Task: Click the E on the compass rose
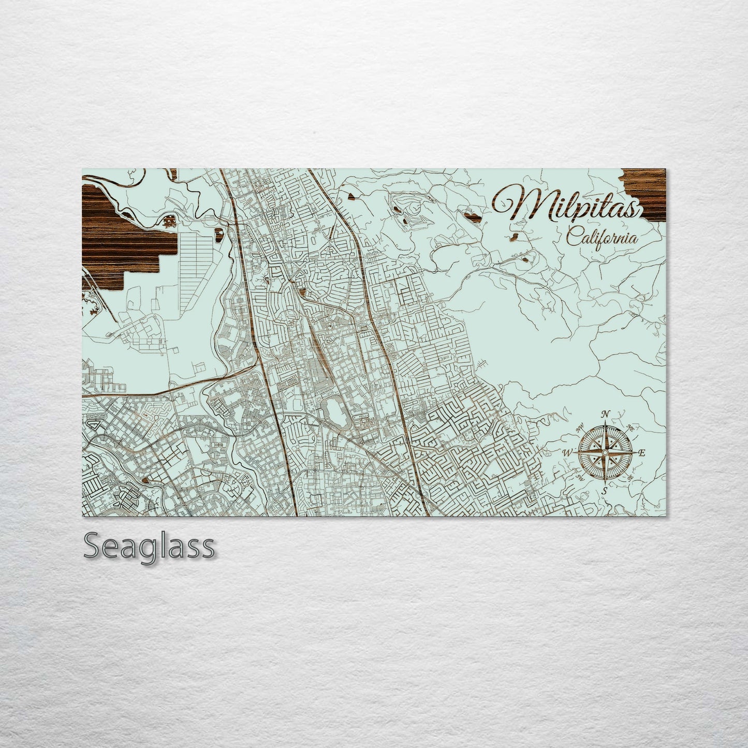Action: [x=641, y=452]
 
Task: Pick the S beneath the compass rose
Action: [x=605, y=490]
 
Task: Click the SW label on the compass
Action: [x=580, y=477]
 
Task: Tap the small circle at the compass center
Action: [x=605, y=453]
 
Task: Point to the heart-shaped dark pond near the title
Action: [x=472, y=214]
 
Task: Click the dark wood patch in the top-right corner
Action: [x=645, y=187]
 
